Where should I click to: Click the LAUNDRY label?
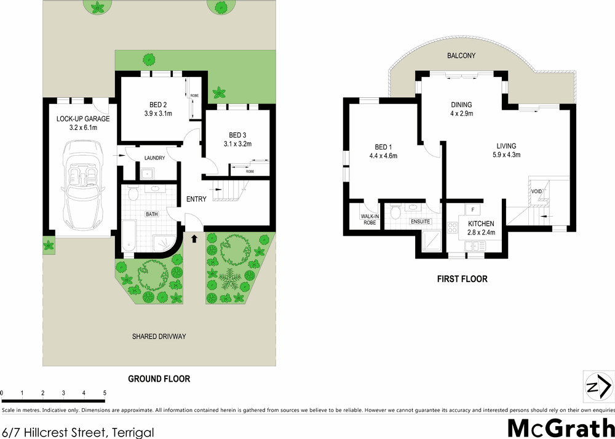point(154,158)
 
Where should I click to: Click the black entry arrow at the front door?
point(195,237)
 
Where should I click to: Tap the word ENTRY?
point(197,199)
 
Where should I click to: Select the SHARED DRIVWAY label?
point(159,337)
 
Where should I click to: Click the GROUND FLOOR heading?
point(159,379)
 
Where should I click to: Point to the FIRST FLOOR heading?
point(462,279)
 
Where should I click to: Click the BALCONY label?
point(461,55)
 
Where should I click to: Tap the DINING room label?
point(461,105)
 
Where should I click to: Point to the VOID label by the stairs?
point(536,191)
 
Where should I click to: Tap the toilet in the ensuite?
point(397,214)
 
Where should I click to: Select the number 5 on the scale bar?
point(105,393)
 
